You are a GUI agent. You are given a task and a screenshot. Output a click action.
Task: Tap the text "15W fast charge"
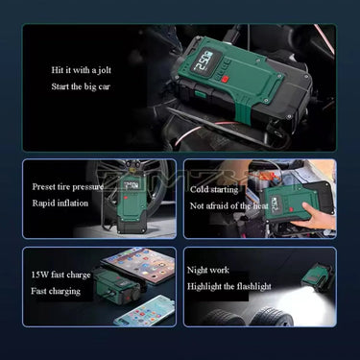pyautogui.click(x=60, y=275)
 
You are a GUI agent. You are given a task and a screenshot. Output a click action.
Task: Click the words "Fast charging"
pyautogui.click(x=56, y=290)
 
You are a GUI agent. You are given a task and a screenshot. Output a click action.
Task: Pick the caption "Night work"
pyautogui.click(x=208, y=270)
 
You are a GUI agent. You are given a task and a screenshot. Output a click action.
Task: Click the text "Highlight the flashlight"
pyautogui.click(x=228, y=285)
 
